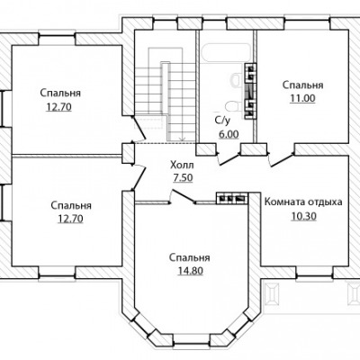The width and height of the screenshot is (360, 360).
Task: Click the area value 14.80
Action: pyautogui.click(x=191, y=271)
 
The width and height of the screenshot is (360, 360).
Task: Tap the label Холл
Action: pyautogui.click(x=182, y=165)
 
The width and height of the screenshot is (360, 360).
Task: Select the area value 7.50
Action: pyautogui.click(x=183, y=178)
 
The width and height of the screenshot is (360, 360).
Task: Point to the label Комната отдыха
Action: pyautogui.click(x=303, y=202)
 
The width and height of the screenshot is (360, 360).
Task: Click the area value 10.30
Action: pyautogui.click(x=303, y=216)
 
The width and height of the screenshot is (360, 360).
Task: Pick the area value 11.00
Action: pyautogui.click(x=302, y=98)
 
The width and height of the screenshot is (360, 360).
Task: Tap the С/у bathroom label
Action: pyautogui.click(x=222, y=121)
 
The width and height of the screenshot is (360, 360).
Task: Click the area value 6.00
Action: pyautogui.click(x=229, y=134)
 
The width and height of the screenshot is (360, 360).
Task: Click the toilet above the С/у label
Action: pyautogui.click(x=233, y=106)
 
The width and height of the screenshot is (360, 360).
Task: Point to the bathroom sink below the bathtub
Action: pyautogui.click(x=237, y=81)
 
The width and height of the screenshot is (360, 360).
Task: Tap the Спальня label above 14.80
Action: pyautogui.click(x=189, y=257)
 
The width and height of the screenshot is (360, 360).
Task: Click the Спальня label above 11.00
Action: pyautogui.click(x=303, y=85)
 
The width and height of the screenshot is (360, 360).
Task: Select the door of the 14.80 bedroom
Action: pyautogui.click(x=182, y=196)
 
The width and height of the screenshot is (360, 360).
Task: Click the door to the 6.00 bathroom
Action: pyautogui.click(x=229, y=158)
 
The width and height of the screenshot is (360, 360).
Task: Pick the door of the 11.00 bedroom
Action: pyautogui.click(x=282, y=159)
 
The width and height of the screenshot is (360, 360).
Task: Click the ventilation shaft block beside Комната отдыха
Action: pyautogui.click(x=232, y=198)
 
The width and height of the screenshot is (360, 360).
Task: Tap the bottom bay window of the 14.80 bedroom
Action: pyautogui.click(x=191, y=339)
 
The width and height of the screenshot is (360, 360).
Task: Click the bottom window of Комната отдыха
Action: pyautogui.click(x=315, y=273)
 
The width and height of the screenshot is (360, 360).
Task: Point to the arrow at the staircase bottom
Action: pyautogui.click(x=182, y=139)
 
